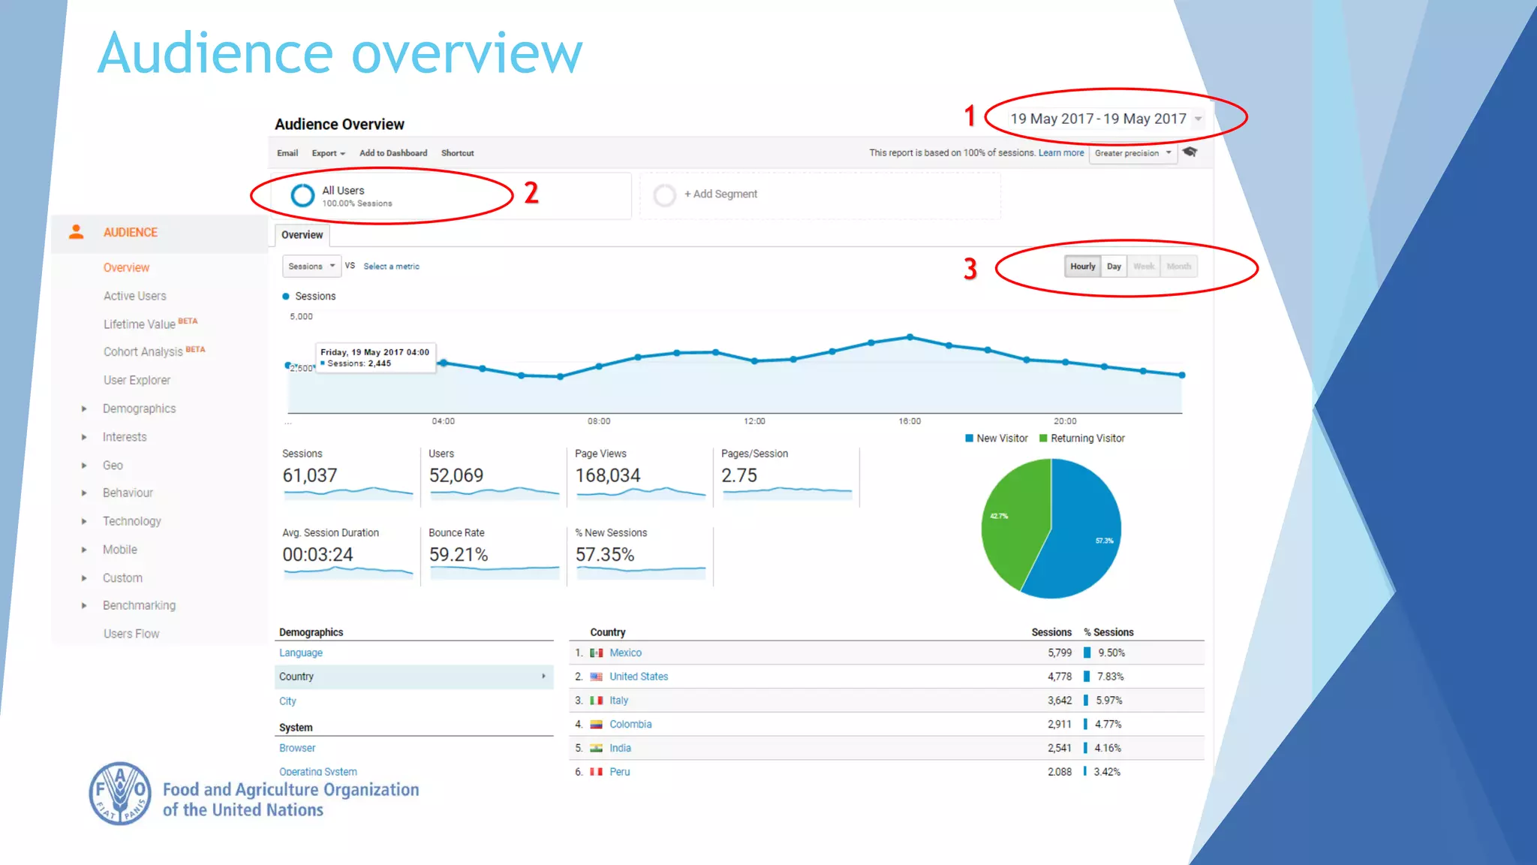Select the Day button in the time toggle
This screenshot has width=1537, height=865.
coord(1114,267)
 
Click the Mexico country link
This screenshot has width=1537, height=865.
coord(625,653)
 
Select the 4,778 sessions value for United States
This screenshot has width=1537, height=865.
coord(1059,677)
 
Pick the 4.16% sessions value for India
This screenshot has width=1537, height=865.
coord(1107,748)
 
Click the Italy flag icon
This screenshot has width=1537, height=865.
coord(597,701)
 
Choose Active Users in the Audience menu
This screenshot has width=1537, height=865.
coord(135,296)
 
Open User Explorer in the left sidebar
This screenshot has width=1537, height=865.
coord(137,380)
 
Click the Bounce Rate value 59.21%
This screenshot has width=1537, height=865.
coord(458,555)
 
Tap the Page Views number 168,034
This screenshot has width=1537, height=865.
coord(607,476)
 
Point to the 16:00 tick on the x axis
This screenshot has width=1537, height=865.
coord(910,421)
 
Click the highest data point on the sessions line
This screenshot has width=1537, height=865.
coord(910,337)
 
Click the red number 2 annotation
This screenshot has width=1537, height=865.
coord(531,193)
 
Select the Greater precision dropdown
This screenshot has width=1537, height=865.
coord(1132,153)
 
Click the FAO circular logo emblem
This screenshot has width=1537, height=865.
coord(120,794)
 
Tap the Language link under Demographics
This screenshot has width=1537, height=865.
coord(301,653)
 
